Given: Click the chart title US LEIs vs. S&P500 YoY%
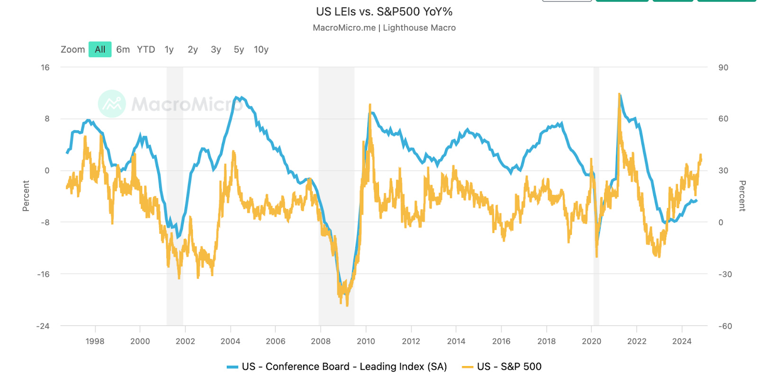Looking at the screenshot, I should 384,11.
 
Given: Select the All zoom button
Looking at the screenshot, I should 100,49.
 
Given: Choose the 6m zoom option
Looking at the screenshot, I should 123,49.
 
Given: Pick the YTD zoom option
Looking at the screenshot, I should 146,49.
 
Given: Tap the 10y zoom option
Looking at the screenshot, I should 261,49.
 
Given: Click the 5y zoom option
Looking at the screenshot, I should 239,49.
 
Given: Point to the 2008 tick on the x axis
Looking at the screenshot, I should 321,341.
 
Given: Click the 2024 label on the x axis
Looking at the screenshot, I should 682,341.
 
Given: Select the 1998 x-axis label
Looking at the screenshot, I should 95,341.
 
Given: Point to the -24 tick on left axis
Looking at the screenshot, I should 43,326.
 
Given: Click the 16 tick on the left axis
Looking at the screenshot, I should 45,67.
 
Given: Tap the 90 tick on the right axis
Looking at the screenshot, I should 723,67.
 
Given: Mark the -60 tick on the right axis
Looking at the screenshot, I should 724,326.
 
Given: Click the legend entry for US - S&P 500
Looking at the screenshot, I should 502,367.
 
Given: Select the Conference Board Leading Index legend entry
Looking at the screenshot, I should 337,367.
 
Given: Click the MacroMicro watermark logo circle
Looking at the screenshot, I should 112,103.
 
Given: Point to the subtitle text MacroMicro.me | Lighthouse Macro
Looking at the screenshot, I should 384,28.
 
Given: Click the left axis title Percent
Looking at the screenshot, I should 26,195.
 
